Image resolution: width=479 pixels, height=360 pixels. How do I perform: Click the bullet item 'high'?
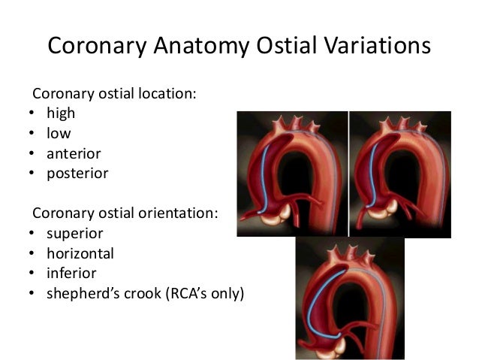(61, 113)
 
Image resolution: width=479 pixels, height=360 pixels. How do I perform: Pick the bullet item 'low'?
(59, 133)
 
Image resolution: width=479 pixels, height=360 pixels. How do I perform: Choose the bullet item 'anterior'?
(74, 153)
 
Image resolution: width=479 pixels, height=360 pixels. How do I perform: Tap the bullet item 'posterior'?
(77, 174)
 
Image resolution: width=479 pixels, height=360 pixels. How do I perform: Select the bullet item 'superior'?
(74, 234)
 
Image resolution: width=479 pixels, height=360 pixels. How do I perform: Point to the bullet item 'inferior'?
(71, 274)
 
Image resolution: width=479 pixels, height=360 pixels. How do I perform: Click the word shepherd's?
(84, 294)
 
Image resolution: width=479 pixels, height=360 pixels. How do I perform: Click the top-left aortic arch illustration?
(292, 173)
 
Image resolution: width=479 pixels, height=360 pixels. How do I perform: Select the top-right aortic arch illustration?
(400, 173)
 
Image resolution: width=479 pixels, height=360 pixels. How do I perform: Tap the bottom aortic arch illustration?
(350, 297)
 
